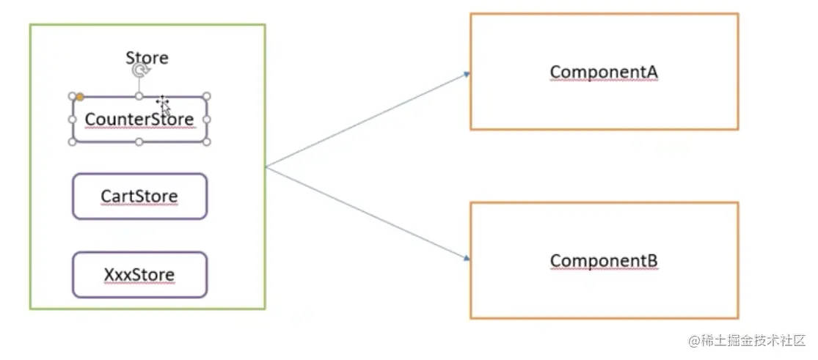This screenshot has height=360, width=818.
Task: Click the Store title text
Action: coord(147,57)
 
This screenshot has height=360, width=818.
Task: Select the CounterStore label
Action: coord(139,119)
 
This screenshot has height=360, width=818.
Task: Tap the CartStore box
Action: coord(140,196)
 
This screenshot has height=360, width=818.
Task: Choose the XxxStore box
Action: coord(140,275)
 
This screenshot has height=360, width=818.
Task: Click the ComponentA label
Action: coord(604,72)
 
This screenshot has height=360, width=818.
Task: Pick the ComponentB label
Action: coord(604,260)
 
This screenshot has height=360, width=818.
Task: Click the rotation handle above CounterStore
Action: coord(139,71)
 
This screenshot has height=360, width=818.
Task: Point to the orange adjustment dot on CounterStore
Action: coord(80,97)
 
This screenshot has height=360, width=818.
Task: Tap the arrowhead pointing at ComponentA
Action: coord(467,75)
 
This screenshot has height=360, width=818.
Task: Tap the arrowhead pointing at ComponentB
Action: coord(467,257)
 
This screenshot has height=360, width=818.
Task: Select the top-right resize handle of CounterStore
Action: coord(207,96)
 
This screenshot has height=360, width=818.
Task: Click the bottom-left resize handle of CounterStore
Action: coord(73,142)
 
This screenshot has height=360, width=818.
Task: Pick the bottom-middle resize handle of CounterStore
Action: coord(139,142)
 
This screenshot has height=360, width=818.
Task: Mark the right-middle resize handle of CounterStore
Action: coord(207,119)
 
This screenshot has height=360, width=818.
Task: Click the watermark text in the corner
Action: coord(747,341)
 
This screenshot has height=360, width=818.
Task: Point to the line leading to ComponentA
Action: coord(368,121)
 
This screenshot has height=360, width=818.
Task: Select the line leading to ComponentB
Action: coord(368,213)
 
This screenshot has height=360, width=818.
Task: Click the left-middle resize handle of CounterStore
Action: coord(73,119)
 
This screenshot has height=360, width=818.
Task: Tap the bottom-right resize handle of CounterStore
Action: coord(207,142)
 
